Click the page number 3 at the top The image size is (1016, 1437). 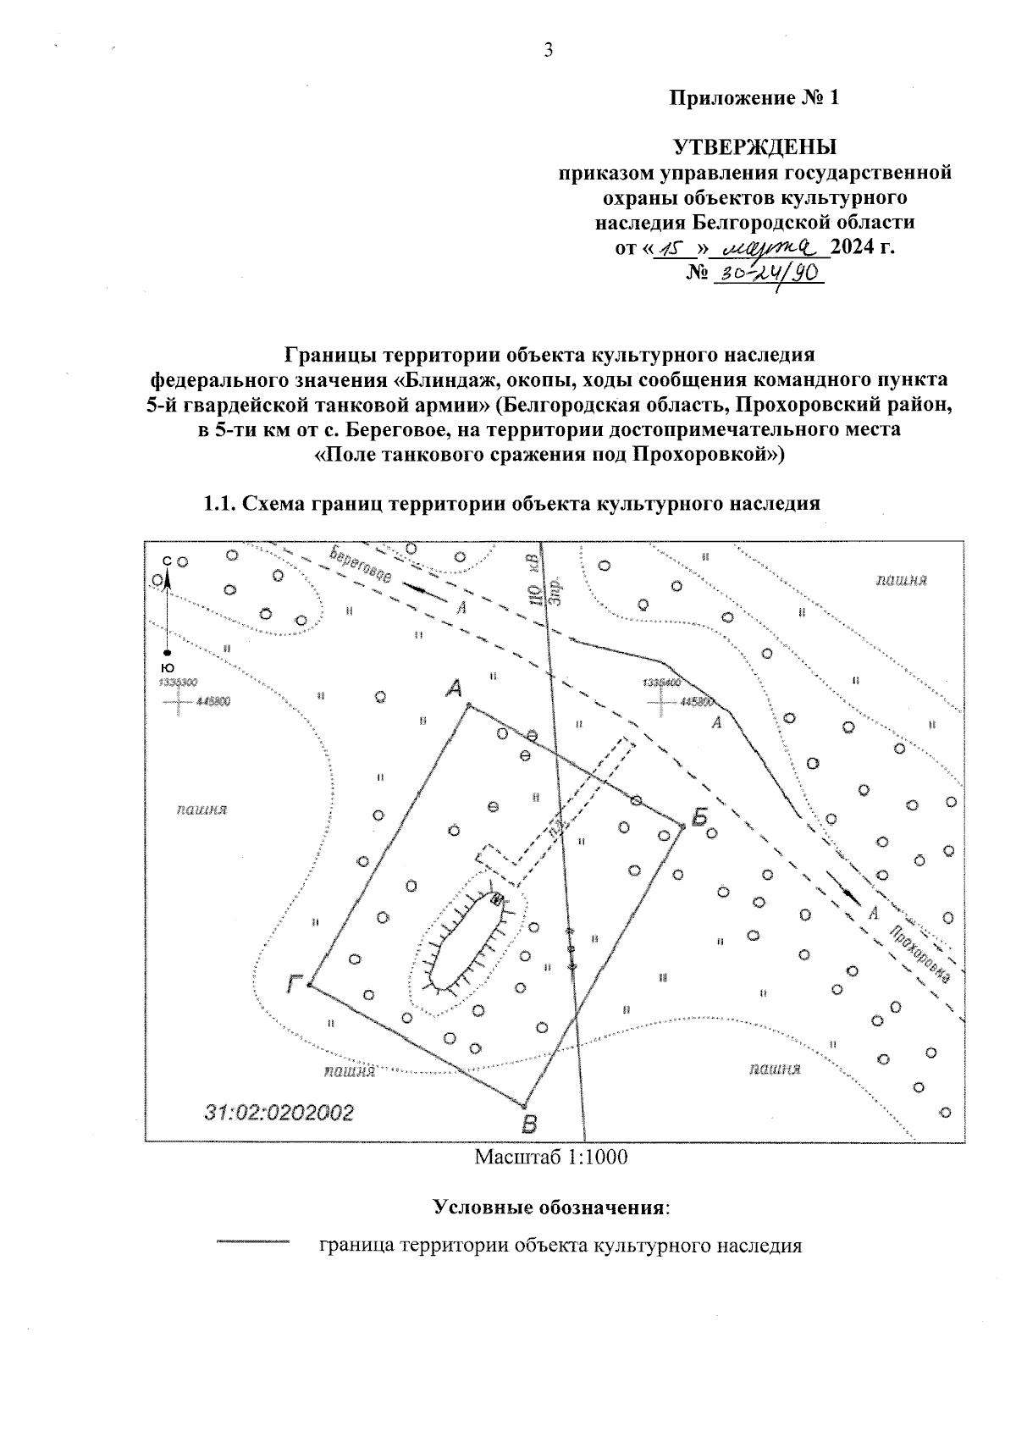548,51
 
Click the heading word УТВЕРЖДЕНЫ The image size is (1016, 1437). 754,146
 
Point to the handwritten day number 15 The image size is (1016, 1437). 675,248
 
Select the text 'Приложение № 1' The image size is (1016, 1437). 754,98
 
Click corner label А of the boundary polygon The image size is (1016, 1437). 455,689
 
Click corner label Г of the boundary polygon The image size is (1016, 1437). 295,983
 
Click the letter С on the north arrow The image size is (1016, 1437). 167,561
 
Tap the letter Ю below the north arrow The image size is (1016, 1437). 168,668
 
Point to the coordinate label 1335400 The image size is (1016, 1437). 663,683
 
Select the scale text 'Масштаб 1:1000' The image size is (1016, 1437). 551,1157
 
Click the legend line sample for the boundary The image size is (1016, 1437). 252,1242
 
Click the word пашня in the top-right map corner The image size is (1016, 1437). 902,580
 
